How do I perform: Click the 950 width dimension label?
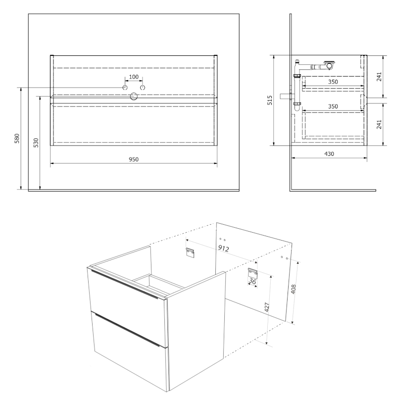pyautogui.click(x=134, y=159)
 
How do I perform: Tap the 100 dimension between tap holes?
pyautogui.click(x=134, y=77)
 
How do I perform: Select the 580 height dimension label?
pyautogui.click(x=17, y=139)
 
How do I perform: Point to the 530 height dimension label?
pyautogui.click(x=36, y=143)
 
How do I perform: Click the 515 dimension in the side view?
pyautogui.click(x=270, y=100)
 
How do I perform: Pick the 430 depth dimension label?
pyautogui.click(x=329, y=153)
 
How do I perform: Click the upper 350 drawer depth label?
pyautogui.click(x=333, y=82)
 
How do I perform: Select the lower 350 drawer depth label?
pyautogui.click(x=333, y=106)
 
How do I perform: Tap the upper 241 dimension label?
pyautogui.click(x=379, y=77)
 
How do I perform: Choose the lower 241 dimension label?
pyautogui.click(x=379, y=124)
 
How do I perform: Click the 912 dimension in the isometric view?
pyautogui.click(x=224, y=248)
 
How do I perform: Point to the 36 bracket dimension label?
pyautogui.click(x=252, y=281)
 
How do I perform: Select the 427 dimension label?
pyautogui.click(x=267, y=307)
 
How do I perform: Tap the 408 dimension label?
pyautogui.click(x=293, y=289)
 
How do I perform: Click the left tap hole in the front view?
pyautogui.click(x=125, y=88)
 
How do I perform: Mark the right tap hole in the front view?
pyautogui.click(x=143, y=88)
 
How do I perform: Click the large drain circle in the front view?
pyautogui.click(x=134, y=96)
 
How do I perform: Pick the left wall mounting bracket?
pyautogui.click(x=190, y=252)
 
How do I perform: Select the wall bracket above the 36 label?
pyautogui.click(x=252, y=273)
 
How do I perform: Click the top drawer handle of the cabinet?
pyautogui.click(x=125, y=284)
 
